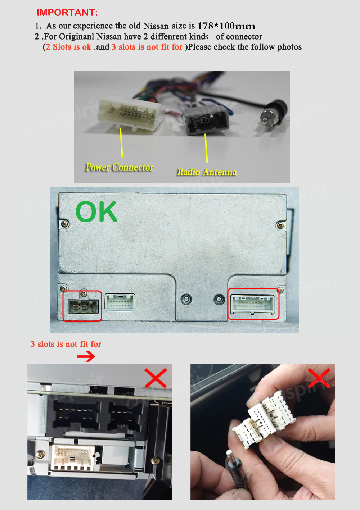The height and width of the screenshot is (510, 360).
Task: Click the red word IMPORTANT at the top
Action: pos(67,13)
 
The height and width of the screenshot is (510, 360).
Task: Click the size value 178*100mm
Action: pos(226,26)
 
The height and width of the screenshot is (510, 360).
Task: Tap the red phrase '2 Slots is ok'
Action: pos(68,47)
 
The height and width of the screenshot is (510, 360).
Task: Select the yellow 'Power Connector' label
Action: pos(120,167)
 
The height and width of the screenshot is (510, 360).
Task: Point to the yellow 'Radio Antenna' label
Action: pos(207,172)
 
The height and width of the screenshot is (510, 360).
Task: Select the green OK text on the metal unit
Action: pos(96,211)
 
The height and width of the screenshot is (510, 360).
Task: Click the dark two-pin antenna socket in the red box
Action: pos(84,306)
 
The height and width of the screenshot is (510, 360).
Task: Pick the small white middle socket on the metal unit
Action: pos(120,302)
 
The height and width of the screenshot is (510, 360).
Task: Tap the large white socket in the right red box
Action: pos(253,304)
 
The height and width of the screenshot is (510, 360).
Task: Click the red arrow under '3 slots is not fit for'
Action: pos(86,356)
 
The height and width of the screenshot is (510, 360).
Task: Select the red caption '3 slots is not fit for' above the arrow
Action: pos(66,344)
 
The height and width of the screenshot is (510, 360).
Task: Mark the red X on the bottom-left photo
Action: pos(156,378)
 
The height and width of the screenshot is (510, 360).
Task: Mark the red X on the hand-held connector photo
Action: pos(319,378)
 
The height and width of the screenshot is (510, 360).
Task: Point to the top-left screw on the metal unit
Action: pos(64,224)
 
